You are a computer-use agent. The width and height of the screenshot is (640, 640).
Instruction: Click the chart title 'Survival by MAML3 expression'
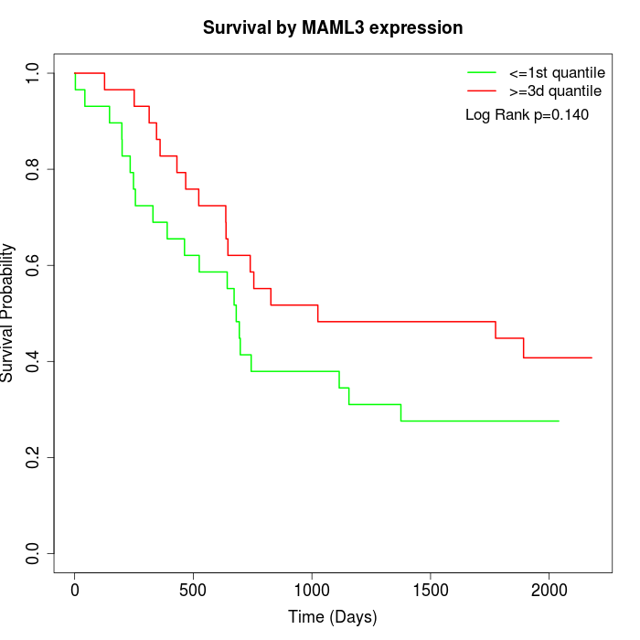333,27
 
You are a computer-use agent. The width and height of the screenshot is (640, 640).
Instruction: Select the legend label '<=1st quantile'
557,72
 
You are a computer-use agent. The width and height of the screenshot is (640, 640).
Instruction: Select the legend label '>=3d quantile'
555,91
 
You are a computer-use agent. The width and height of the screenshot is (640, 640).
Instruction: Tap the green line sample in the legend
482,72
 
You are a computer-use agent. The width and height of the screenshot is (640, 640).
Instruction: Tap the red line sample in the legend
482,91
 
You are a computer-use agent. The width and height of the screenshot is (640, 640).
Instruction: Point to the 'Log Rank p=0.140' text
527,115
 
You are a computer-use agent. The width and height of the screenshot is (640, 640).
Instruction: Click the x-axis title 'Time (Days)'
333,617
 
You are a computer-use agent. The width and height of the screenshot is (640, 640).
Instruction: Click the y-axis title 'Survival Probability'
8,313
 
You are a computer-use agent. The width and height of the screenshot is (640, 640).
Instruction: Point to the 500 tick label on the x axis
193,590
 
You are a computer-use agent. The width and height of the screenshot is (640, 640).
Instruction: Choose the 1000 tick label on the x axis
312,590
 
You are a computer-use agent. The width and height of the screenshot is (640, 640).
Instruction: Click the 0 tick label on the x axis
75,590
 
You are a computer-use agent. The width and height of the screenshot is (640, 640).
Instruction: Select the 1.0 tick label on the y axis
34,73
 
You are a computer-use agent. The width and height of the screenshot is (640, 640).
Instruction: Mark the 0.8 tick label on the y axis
34,169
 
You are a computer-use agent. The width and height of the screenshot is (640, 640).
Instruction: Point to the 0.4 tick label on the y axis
34,361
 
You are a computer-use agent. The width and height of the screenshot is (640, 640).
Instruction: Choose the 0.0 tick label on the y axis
34,553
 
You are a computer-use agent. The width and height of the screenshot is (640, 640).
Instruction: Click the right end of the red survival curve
592,357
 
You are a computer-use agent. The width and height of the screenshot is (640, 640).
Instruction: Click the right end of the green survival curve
558,421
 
